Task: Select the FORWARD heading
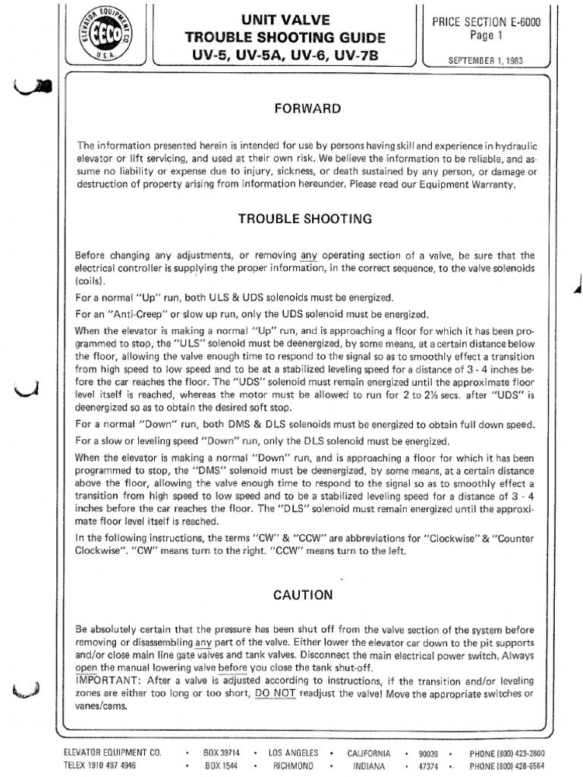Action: point(307,109)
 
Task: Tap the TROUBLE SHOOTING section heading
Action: point(305,219)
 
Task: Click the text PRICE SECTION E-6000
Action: point(487,23)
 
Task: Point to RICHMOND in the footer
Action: point(298,766)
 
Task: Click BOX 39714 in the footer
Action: point(221,753)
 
